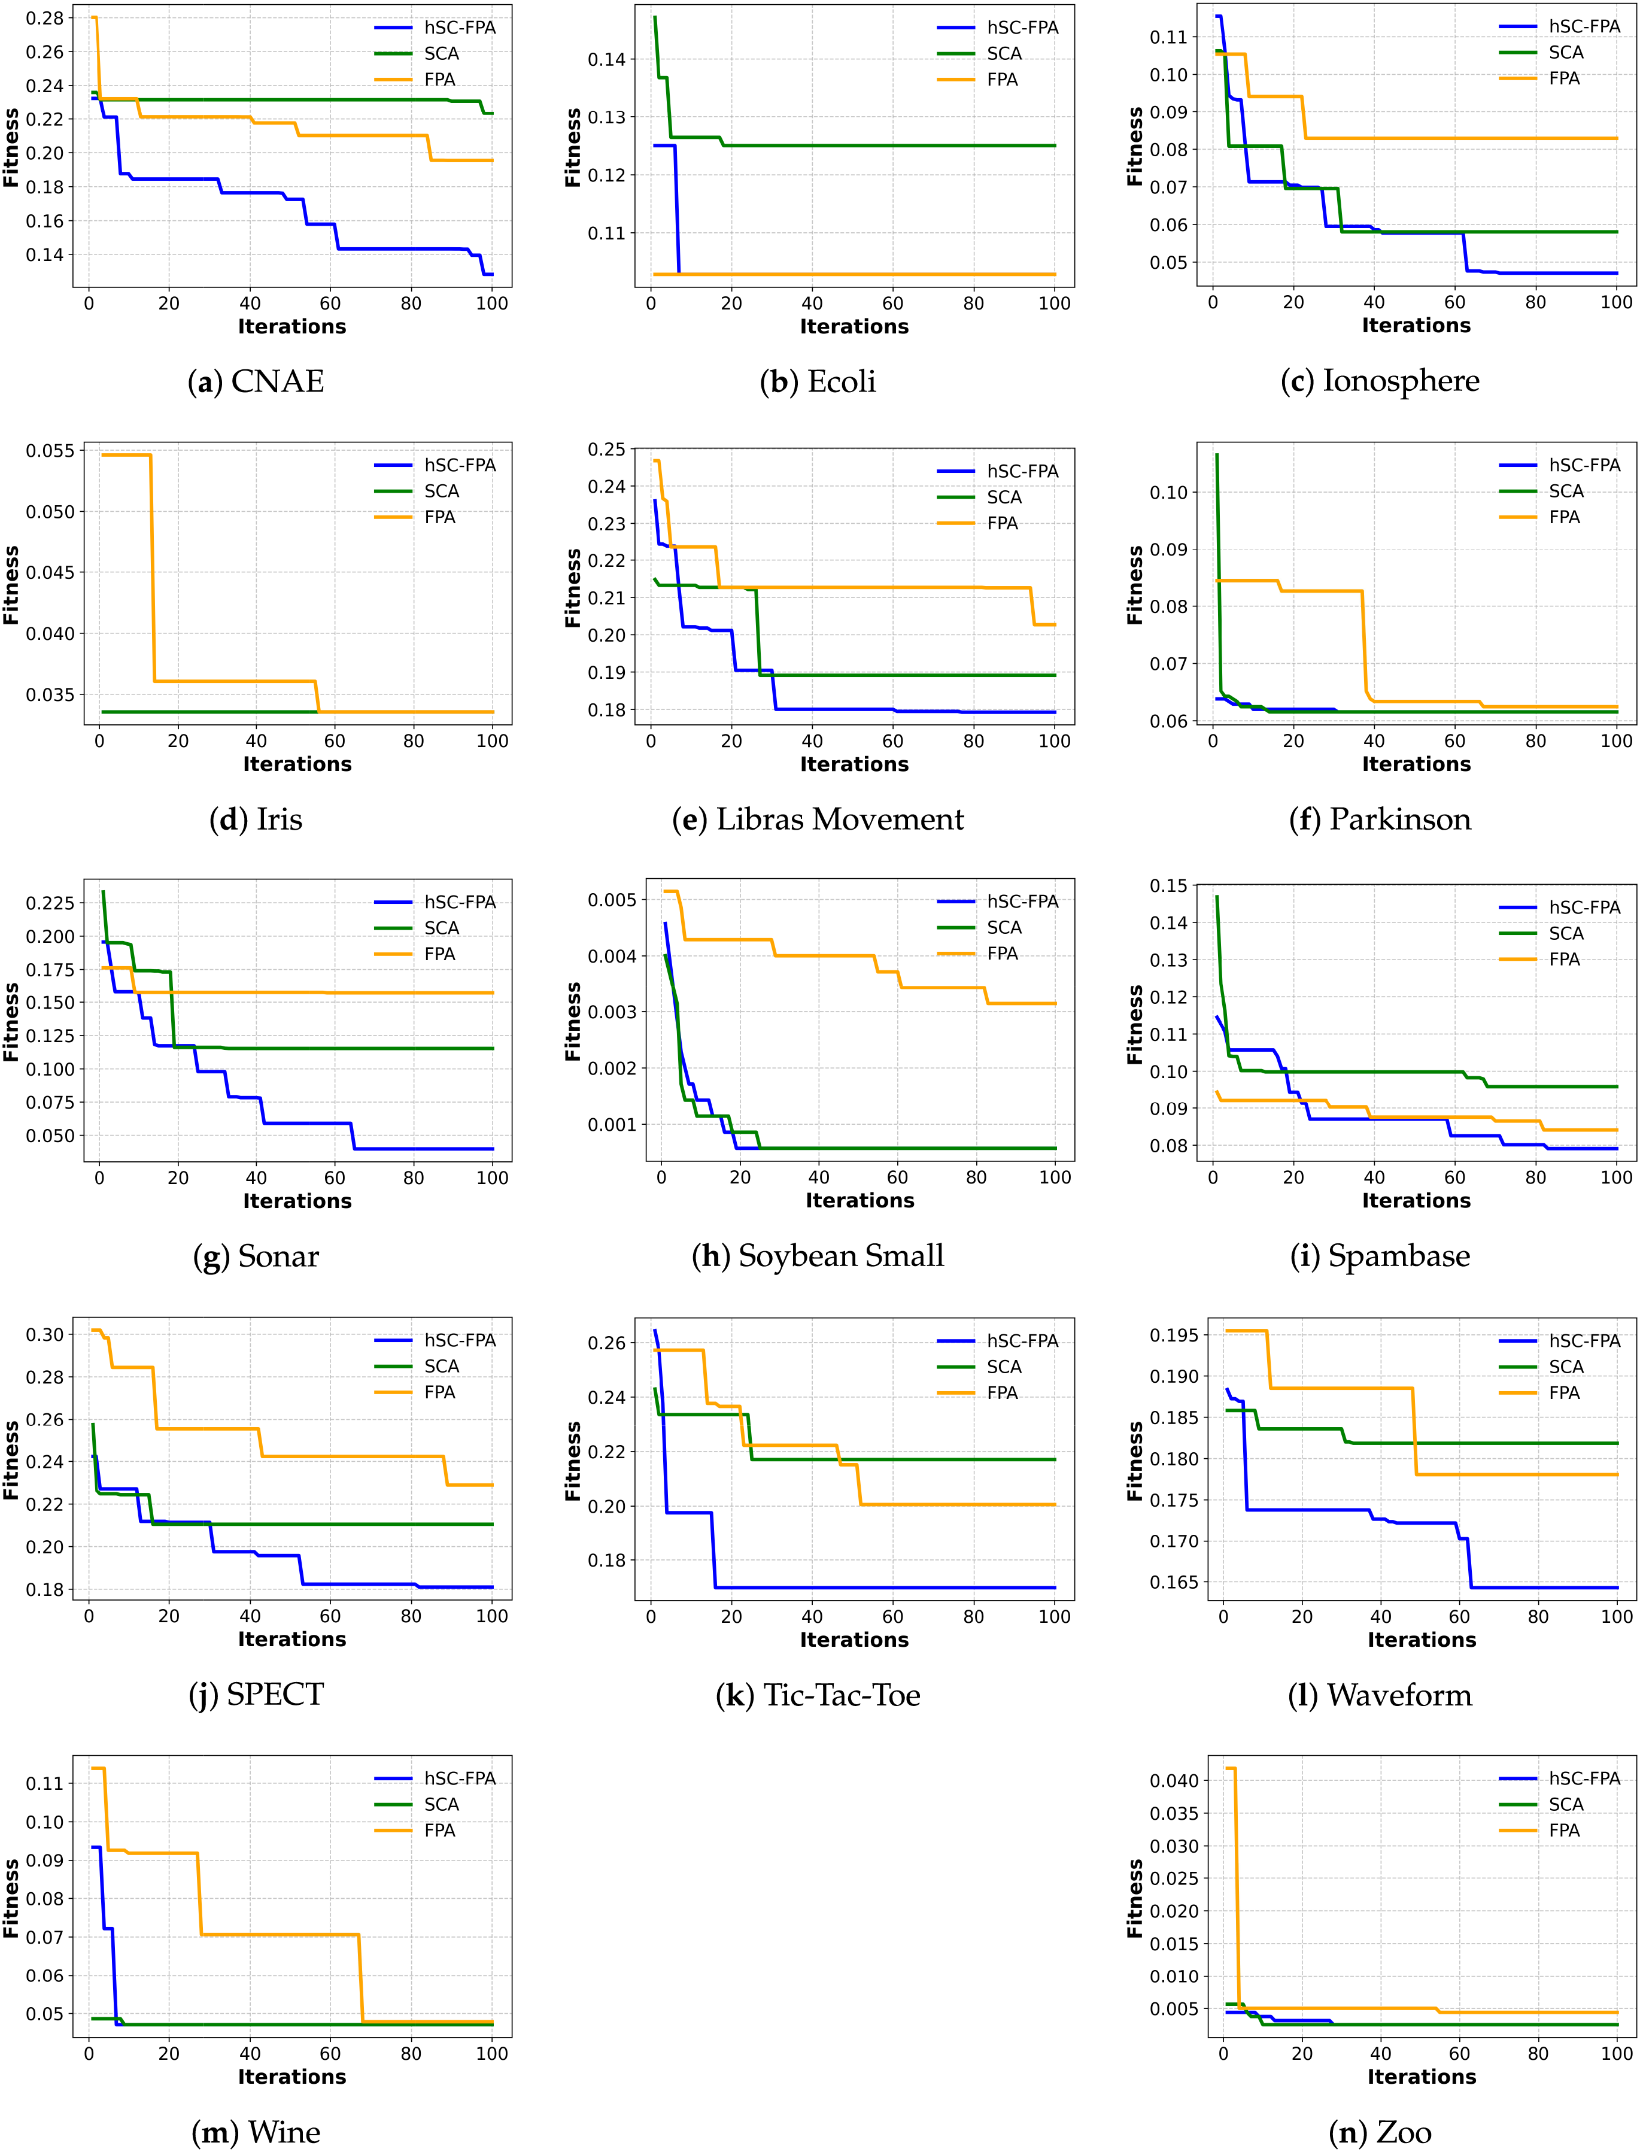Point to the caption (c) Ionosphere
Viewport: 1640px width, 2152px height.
tap(1380, 381)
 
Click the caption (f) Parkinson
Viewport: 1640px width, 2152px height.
tap(1380, 819)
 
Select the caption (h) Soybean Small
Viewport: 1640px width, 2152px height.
tap(818, 1256)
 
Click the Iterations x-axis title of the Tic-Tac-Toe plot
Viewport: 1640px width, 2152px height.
tap(854, 1640)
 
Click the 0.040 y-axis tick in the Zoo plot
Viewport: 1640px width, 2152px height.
tap(1174, 1780)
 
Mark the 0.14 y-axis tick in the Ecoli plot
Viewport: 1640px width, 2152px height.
tap(606, 59)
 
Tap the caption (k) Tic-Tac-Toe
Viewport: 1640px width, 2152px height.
tap(818, 1695)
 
